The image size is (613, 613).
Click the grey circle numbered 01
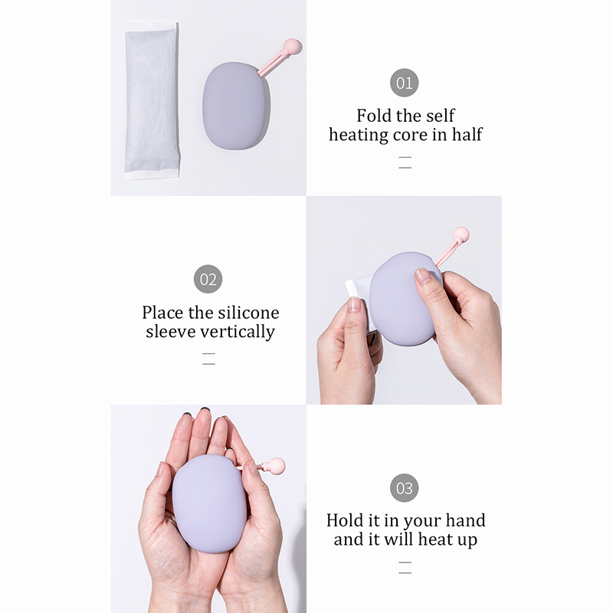pos(405,83)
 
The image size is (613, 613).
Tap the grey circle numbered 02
pos(208,279)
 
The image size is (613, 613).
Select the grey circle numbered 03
pos(405,488)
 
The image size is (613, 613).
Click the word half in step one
pos(467,135)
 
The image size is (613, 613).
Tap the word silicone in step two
pos(248,313)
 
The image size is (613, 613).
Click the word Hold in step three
pos(341,521)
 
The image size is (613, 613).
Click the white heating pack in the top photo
pos(152,100)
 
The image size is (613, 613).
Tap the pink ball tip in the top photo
pos(293,47)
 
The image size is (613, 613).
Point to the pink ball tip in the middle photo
pos(461,235)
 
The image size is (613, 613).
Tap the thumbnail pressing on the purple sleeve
pos(424,276)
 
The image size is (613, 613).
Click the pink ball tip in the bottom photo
pos(277,466)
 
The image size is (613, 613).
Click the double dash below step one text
pos(405,162)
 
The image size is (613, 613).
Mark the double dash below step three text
pos(405,568)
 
